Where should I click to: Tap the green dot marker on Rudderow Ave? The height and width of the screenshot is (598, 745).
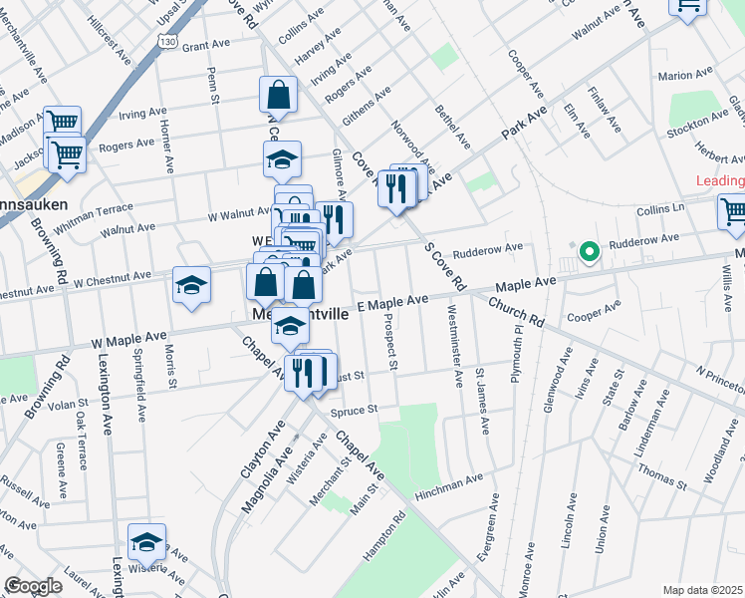(x=589, y=252)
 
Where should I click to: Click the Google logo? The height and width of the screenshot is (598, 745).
(x=33, y=586)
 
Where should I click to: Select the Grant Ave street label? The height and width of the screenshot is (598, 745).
(x=206, y=46)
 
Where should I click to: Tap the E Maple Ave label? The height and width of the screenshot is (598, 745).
(x=391, y=301)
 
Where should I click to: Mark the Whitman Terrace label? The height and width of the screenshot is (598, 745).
(x=94, y=215)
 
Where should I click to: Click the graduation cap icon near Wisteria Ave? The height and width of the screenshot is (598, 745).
(x=146, y=542)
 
